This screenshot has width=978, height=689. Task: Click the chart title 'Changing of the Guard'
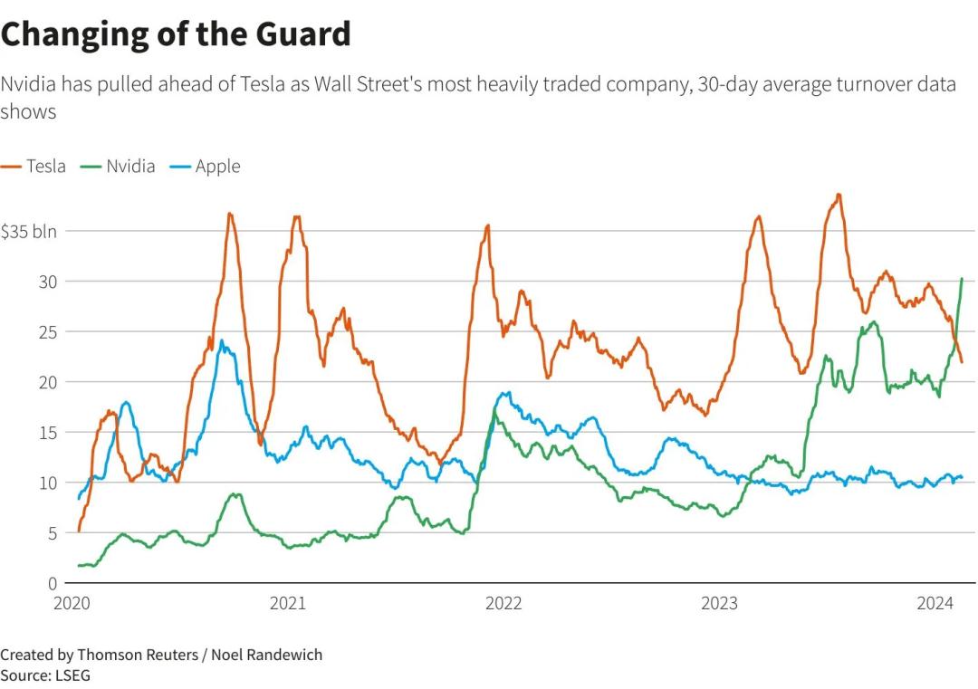click(176, 34)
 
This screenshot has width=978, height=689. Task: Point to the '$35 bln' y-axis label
click(28, 231)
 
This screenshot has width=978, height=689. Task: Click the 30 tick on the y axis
click(48, 282)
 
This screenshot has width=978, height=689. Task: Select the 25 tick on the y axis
click(48, 331)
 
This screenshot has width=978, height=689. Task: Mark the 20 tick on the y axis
click(48, 382)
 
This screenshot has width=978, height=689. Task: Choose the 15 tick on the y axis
click(48, 433)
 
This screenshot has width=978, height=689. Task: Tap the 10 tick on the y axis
click(48, 483)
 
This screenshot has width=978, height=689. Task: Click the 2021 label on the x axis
click(287, 604)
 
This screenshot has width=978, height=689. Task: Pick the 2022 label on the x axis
click(503, 604)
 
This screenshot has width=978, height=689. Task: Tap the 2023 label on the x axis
click(720, 604)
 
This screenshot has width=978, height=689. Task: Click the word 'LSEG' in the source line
click(72, 675)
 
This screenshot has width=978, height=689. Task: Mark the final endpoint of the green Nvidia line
click(961, 279)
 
